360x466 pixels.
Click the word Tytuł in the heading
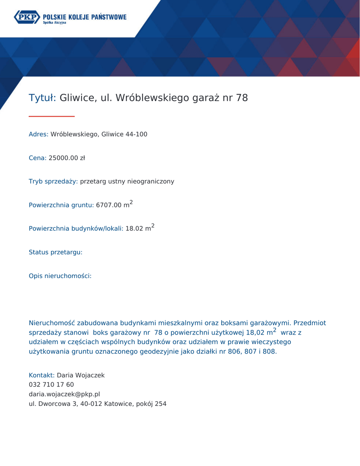pos(41,98)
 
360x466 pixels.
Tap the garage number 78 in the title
pos(242,98)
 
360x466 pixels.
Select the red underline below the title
pos(51,116)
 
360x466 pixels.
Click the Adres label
pos(38,134)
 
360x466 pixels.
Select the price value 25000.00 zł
pos(66,158)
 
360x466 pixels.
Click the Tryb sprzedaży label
pos(53,182)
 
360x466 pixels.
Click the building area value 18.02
pos(134,228)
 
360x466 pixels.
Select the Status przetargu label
pos(56,252)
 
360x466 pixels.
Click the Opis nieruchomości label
pos(60,276)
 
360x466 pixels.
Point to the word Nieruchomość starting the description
pos(51,323)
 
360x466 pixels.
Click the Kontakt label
pos(41,375)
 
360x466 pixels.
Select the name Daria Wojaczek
pos(81,375)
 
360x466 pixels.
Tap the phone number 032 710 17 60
pos(51,385)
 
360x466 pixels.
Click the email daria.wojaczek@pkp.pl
pos(64,394)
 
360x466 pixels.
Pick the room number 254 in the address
pos(160,404)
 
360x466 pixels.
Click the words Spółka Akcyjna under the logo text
pos(55,22)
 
